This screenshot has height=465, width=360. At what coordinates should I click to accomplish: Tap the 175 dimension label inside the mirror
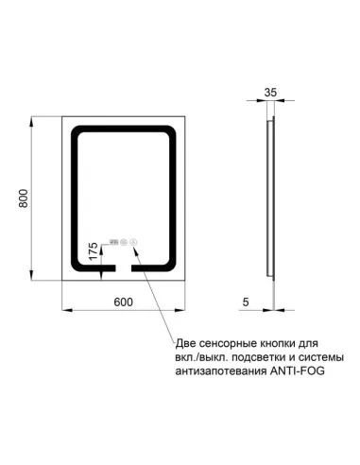pos(93,252)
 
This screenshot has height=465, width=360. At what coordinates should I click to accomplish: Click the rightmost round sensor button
pos(134,241)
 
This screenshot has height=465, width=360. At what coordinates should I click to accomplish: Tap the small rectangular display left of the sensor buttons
pos(113,241)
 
